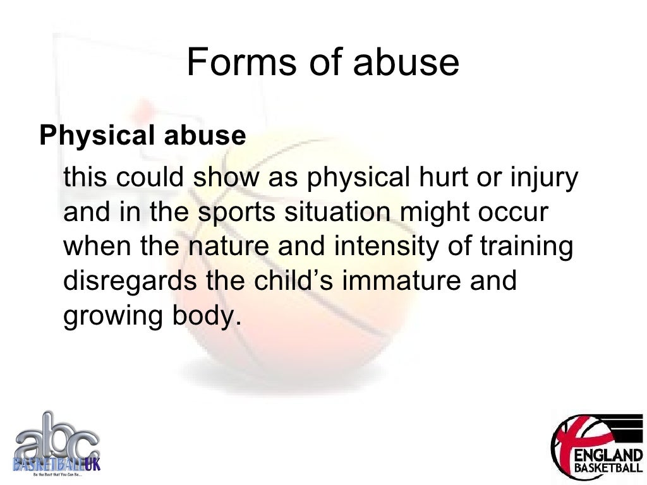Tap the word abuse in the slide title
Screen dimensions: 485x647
click(x=407, y=63)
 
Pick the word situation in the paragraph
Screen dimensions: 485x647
click(x=337, y=213)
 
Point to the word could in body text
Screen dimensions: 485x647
click(x=157, y=179)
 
